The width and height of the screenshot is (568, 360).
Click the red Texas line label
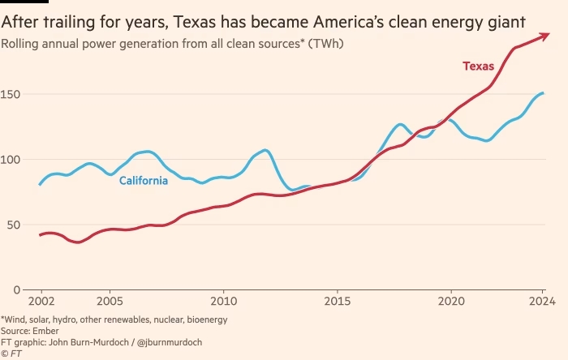click(478, 66)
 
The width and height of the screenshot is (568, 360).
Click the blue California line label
click(144, 181)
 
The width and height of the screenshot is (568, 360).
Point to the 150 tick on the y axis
click(11, 95)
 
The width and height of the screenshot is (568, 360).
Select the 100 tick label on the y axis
click(11, 160)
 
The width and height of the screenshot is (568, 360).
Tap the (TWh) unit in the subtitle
click(325, 42)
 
